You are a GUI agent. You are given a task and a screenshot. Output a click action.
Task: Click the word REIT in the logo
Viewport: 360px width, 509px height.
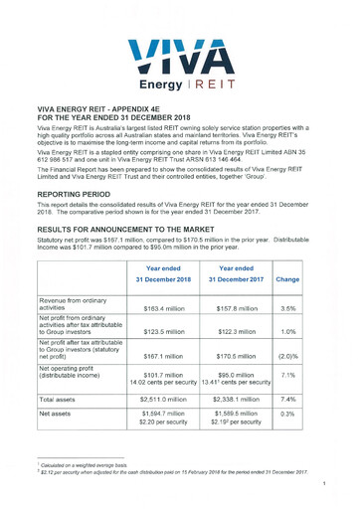point(212,85)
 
